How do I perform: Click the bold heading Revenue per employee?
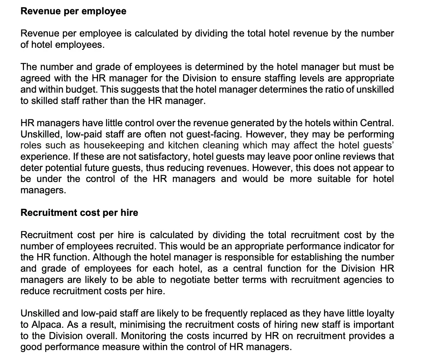pyautogui.click(x=73, y=11)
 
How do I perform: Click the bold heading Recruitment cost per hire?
pyautogui.click(x=79, y=213)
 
